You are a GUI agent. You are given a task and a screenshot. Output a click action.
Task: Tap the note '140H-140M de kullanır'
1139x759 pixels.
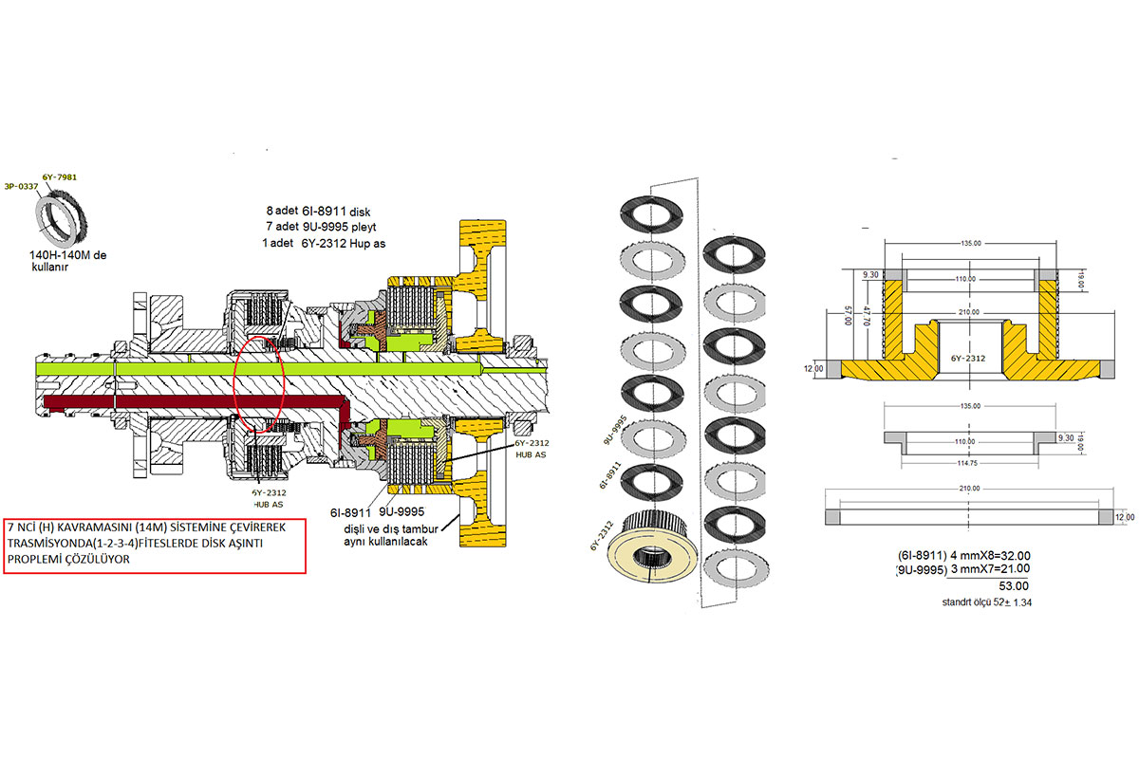[x=72, y=263]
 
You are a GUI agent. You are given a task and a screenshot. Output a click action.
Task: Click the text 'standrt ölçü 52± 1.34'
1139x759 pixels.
[x=987, y=602]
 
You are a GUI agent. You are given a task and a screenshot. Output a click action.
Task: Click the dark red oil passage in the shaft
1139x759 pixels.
[x=190, y=405]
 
